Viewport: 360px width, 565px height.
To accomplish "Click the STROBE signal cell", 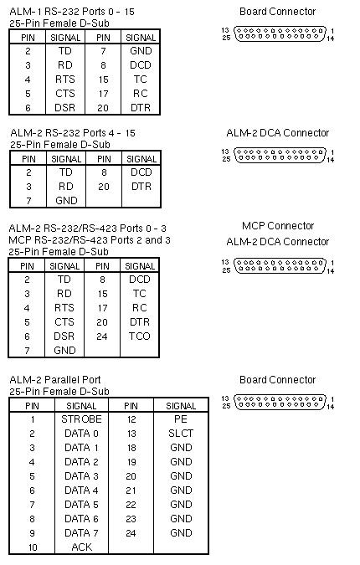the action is click(x=81, y=419).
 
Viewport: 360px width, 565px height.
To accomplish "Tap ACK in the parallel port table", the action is click(x=82, y=547).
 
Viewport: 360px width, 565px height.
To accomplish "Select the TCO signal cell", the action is click(x=140, y=336).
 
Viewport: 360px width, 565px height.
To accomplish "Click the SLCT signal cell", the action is click(x=181, y=433).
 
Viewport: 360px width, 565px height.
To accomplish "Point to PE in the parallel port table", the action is click(x=181, y=419).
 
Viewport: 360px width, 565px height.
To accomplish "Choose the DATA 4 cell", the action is click(x=81, y=490).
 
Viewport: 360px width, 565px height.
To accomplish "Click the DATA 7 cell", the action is click(x=81, y=533).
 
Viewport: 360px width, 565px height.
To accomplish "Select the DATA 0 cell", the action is click(x=81, y=433).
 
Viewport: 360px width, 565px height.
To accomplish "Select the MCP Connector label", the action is click(x=278, y=226).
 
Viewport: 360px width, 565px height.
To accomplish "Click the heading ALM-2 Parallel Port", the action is click(x=55, y=380).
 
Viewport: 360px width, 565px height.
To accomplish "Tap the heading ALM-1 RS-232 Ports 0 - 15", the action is click(x=72, y=12).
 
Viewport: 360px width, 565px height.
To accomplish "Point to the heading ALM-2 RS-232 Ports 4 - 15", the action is click(x=73, y=133).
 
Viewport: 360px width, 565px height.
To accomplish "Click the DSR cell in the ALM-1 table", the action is click(x=64, y=108).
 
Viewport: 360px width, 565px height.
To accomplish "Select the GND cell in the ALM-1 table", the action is click(x=141, y=51).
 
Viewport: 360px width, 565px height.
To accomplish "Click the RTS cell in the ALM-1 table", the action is click(x=64, y=80).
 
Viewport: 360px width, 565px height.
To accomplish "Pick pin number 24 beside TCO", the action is click(x=102, y=336).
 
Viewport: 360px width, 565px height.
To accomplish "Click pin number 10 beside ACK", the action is click(x=33, y=547).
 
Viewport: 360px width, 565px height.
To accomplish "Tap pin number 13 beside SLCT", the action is click(x=131, y=434).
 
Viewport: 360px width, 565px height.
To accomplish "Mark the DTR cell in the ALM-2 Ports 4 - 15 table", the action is click(x=141, y=187).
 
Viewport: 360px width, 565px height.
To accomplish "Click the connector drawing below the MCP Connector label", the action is click(x=280, y=266).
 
